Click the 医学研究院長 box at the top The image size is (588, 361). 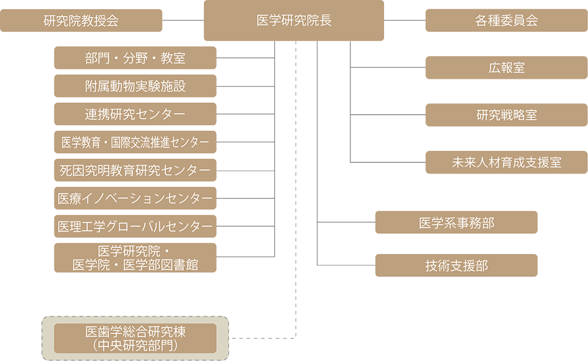coord(294,21)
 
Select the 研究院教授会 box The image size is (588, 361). coord(81,21)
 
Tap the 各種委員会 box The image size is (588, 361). coord(506,21)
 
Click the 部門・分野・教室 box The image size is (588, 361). coord(135,59)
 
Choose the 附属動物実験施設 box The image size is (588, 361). coord(135,86)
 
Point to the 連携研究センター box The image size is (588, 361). coord(135,114)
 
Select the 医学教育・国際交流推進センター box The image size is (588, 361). coord(135,142)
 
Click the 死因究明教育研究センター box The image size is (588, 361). coord(135,170)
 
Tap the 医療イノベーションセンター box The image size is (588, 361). coord(135,199)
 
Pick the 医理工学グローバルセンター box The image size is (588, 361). coord(135,226)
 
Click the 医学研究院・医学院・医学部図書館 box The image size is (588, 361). coord(135,258)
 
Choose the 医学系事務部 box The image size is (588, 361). coord(456,223)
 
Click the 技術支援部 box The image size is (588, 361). coord(456,266)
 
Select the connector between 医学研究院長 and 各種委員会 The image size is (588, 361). coord(404,21)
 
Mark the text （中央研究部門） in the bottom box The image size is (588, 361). coord(135,345)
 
